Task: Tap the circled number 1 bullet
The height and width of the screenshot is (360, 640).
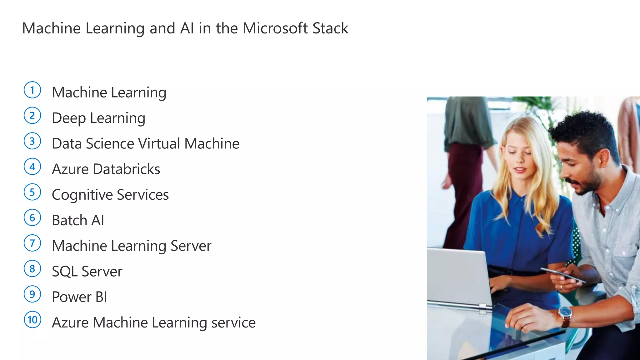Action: click(x=32, y=90)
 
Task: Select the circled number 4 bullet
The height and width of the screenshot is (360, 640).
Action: click(x=32, y=167)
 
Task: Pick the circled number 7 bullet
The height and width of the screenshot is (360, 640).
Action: click(x=32, y=243)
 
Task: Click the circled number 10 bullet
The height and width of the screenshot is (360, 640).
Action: click(x=32, y=320)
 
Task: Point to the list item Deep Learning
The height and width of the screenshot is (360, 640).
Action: click(x=98, y=118)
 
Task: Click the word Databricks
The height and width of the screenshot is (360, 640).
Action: click(x=126, y=169)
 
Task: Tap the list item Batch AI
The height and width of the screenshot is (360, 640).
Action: click(x=78, y=220)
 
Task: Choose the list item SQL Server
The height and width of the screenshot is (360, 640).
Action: click(x=87, y=271)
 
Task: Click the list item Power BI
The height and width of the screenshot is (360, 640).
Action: click(x=79, y=297)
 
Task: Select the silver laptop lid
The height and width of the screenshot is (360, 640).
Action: click(x=456, y=275)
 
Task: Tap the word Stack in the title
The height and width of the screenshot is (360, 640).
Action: click(x=330, y=28)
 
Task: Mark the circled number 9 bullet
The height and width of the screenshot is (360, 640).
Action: click(x=32, y=294)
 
